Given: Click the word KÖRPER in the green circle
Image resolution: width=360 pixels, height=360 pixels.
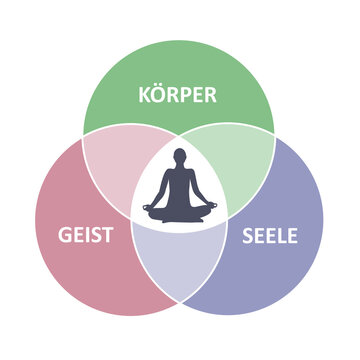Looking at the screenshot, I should click(x=178, y=96).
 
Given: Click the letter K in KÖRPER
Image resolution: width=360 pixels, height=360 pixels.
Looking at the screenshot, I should click(x=144, y=96).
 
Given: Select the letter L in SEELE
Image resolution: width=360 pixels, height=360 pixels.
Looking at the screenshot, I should click(x=283, y=238).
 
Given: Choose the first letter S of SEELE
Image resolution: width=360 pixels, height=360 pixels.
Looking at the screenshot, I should click(x=248, y=238).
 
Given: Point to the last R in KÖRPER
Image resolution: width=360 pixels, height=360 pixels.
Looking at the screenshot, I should click(x=212, y=96).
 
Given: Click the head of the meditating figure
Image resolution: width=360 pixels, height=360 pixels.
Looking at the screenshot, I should click(x=180, y=157).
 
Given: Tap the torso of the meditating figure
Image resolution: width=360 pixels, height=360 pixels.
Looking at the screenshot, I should click(x=180, y=185).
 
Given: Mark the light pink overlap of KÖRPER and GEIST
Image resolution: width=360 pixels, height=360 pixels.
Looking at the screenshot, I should click(x=118, y=160).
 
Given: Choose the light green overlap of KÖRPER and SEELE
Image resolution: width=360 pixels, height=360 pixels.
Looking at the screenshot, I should click(x=240, y=160).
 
